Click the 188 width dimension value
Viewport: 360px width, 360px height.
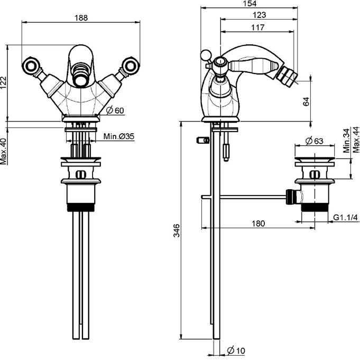click(81, 17)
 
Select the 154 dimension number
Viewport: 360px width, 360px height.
click(250, 4)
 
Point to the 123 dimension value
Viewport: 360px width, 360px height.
click(259, 15)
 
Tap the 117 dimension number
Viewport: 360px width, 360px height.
click(258, 27)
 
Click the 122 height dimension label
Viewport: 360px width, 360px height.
click(4, 82)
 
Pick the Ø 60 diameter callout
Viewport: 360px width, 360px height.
click(115, 110)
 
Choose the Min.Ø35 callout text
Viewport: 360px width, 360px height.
click(119, 136)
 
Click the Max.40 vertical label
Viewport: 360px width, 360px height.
click(4, 151)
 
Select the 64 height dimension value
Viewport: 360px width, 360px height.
click(306, 101)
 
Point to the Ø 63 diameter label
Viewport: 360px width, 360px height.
click(315, 141)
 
